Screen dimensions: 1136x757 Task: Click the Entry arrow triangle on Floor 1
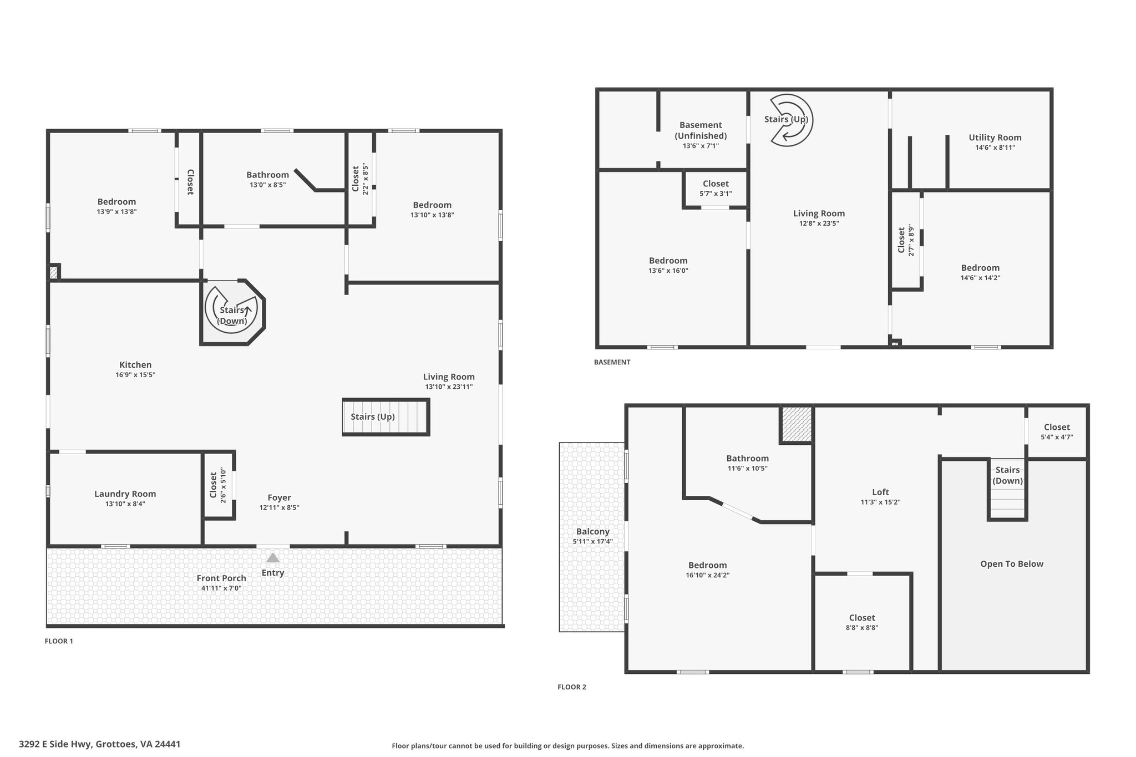click(x=273, y=557)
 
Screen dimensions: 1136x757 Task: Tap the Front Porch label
click(x=221, y=578)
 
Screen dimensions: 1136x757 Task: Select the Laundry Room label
click(x=125, y=494)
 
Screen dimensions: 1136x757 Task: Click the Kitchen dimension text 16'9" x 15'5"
click(x=135, y=375)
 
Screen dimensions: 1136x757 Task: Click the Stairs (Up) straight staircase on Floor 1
click(x=386, y=416)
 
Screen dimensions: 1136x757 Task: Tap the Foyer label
click(x=279, y=497)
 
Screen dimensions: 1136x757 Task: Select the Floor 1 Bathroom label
click(x=268, y=175)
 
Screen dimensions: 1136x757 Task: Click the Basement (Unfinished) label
click(x=701, y=130)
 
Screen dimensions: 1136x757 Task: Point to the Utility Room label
click(x=995, y=138)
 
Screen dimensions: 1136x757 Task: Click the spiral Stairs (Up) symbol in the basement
click(x=792, y=120)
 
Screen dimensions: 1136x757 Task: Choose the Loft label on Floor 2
click(x=880, y=492)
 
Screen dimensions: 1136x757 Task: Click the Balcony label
click(x=593, y=531)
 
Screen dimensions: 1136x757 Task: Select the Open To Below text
click(x=1012, y=564)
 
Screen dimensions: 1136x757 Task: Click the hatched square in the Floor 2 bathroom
click(x=797, y=424)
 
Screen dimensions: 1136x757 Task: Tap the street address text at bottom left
click(x=100, y=744)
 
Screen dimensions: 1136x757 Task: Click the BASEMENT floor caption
click(x=612, y=362)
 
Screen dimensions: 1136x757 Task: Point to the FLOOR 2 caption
click(x=572, y=687)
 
